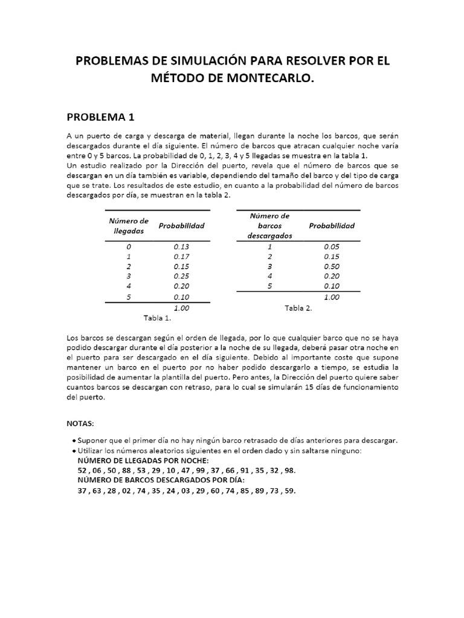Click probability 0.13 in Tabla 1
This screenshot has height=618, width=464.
pos(181,247)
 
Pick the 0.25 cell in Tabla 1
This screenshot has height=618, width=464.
pos(181,276)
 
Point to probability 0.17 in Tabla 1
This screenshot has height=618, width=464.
pos(181,256)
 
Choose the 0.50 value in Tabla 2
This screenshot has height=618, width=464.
pos(332,266)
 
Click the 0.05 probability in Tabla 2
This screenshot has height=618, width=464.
pos(332,247)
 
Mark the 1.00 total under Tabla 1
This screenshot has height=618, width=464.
pos(181,308)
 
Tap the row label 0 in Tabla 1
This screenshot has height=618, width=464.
pos(128,247)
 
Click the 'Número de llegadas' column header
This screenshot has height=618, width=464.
pos(128,226)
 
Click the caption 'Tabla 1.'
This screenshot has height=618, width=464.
pos(157,317)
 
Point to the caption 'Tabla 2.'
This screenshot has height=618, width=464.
pos(298,308)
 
